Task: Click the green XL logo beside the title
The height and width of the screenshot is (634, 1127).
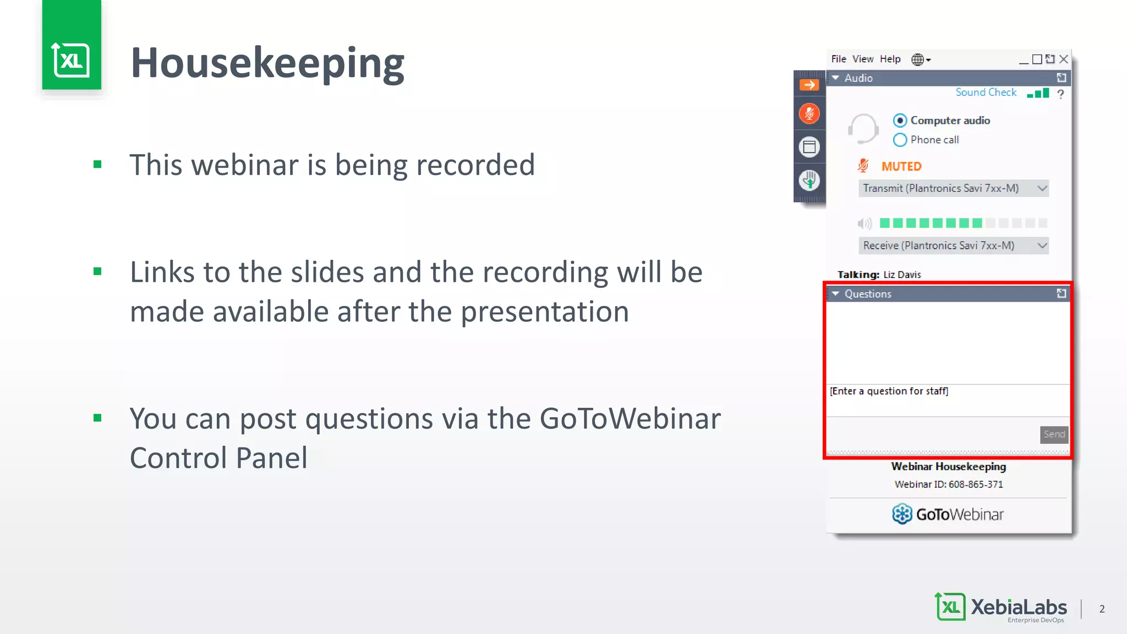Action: (x=72, y=59)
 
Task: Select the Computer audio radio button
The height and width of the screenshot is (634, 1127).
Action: (x=900, y=121)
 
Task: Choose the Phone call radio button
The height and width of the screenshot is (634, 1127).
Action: (x=900, y=140)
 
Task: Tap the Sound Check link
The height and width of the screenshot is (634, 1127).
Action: (x=986, y=92)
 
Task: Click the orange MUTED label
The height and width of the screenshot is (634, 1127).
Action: (x=901, y=166)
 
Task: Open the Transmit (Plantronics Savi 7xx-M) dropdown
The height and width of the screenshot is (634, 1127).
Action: (x=953, y=188)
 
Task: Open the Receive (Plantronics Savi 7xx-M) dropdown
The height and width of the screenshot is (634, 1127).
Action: (x=953, y=245)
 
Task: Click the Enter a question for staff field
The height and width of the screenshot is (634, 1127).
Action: (x=947, y=400)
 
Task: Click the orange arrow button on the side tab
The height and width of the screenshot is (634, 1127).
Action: (x=809, y=85)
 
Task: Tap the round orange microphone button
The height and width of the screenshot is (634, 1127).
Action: (x=809, y=114)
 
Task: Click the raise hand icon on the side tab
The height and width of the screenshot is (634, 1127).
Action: (x=809, y=180)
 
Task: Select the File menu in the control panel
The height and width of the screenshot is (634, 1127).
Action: (x=838, y=59)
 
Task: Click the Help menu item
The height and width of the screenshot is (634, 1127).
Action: (x=890, y=59)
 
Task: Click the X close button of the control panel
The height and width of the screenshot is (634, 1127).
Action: (x=1064, y=59)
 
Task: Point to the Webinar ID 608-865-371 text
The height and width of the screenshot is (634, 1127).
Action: (x=949, y=484)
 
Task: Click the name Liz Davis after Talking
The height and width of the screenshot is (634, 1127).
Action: (x=902, y=275)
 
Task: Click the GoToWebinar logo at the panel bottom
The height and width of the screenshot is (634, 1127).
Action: (x=948, y=514)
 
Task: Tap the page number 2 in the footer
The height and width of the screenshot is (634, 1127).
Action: (x=1102, y=609)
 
